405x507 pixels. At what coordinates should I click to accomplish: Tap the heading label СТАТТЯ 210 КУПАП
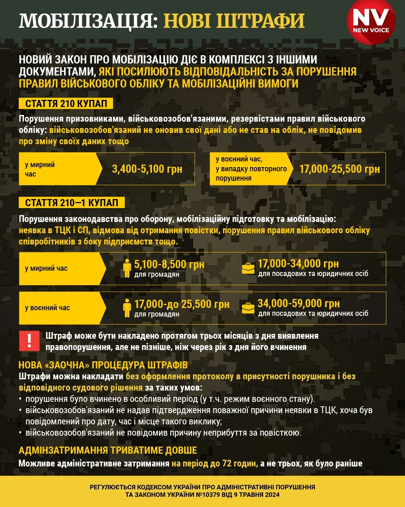(66, 104)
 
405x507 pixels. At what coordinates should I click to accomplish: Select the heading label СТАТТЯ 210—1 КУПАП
(72, 203)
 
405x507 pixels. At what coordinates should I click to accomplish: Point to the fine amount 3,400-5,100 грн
(147, 169)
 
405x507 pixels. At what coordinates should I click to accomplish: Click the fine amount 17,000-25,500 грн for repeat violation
(339, 169)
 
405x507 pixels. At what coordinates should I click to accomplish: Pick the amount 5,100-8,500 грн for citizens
(169, 264)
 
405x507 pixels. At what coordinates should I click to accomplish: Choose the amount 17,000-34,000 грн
(298, 263)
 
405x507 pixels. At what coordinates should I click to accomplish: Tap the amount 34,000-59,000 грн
(298, 303)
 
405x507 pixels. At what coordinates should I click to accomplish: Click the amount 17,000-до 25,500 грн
(182, 304)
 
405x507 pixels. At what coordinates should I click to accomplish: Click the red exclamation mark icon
(29, 341)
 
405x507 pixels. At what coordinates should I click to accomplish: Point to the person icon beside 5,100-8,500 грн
(127, 268)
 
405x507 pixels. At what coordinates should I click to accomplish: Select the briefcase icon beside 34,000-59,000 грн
(248, 308)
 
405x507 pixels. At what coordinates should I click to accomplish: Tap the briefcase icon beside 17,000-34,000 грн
(248, 268)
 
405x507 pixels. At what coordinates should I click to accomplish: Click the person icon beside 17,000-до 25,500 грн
(127, 308)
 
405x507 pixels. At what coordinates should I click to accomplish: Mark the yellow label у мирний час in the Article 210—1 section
(46, 269)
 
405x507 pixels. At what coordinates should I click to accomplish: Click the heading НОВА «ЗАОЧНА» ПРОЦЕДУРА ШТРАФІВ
(103, 365)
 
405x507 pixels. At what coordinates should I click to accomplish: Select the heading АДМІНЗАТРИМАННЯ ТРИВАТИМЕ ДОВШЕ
(108, 450)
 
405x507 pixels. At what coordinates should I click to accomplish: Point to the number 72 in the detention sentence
(226, 463)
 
